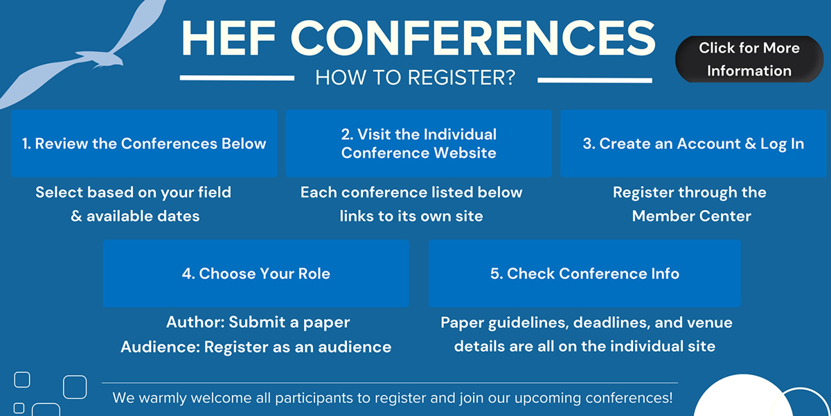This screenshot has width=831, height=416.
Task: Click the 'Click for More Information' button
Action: tap(749, 59)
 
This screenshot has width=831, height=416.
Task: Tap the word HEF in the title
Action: tap(229, 38)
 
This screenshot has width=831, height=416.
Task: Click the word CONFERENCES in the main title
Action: tap(474, 38)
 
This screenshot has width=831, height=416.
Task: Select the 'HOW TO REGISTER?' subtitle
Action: tap(415, 78)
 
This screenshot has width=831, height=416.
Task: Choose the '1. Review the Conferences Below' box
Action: tap(144, 144)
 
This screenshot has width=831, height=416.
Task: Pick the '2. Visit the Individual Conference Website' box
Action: tap(418, 144)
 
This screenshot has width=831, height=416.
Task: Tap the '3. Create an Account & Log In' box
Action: tap(693, 144)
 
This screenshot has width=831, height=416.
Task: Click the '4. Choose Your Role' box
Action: tap(256, 273)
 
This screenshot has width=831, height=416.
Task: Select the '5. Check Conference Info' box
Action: tap(584, 273)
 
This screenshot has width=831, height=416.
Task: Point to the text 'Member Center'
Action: tap(692, 216)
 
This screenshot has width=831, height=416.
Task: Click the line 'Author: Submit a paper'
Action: tap(258, 322)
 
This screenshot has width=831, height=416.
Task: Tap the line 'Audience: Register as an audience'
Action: tap(256, 347)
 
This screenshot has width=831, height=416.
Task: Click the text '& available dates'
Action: tap(135, 216)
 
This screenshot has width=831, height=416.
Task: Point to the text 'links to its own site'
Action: tap(411, 216)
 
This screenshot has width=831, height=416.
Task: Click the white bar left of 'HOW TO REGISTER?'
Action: tap(237, 78)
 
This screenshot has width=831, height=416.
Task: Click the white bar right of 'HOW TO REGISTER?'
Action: tap(595, 80)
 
